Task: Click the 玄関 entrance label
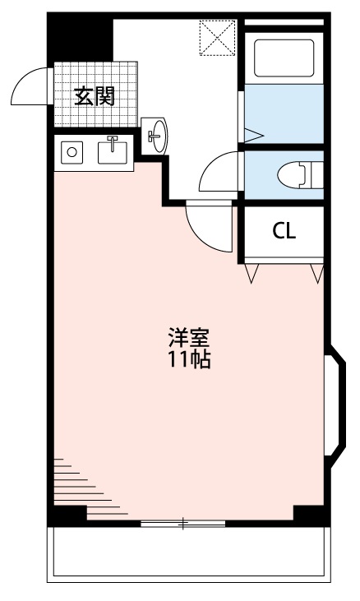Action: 94,95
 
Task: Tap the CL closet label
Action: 284,231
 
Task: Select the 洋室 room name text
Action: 189,338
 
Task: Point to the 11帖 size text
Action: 189,359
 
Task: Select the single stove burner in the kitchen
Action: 72,152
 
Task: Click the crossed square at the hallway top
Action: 218,36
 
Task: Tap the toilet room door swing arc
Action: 218,173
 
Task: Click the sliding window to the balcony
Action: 182,523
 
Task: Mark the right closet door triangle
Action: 316,273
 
